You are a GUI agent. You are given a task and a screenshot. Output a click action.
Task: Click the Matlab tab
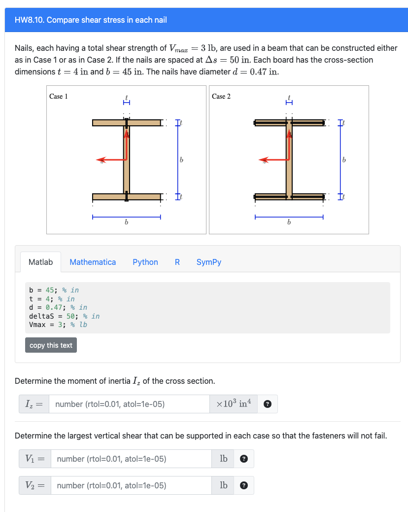[40, 262]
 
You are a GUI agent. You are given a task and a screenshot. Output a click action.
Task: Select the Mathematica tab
[93, 262]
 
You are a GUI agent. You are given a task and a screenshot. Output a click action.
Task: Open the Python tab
[145, 262]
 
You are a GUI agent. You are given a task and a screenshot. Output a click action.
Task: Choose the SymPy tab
[208, 262]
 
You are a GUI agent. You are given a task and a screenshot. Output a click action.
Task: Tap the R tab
[177, 262]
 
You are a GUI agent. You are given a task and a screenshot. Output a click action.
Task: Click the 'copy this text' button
[51, 345]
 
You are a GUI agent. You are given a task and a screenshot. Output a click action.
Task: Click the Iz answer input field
[129, 404]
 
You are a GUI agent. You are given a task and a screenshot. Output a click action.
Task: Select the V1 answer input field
[131, 459]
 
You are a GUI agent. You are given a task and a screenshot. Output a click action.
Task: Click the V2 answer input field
[131, 485]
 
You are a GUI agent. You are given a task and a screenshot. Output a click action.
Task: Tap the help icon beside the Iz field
[268, 404]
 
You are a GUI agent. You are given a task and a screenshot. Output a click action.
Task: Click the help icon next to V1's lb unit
[243, 459]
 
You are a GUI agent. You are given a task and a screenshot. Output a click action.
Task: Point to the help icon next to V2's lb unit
[243, 486]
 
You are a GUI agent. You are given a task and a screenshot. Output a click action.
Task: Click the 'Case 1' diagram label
[59, 96]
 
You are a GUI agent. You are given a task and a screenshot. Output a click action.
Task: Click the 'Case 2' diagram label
[221, 96]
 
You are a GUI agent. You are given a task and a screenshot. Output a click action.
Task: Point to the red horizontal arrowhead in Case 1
[101, 160]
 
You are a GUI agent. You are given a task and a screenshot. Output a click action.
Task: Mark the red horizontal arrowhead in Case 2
[263, 160]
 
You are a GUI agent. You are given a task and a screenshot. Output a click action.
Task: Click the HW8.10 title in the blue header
[91, 20]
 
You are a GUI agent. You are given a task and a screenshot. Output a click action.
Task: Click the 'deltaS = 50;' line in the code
[64, 316]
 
